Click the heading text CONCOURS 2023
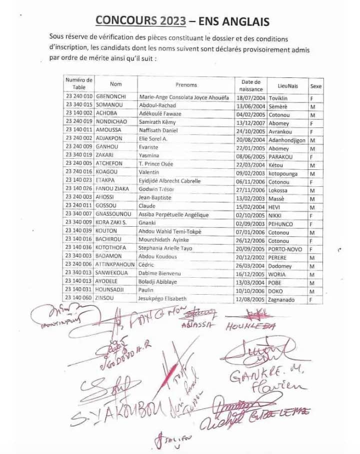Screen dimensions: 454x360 (x=140, y=20)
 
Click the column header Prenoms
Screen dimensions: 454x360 (x=186, y=85)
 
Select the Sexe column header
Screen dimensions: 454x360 (x=316, y=86)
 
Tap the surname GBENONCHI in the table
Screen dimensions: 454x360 (x=111, y=98)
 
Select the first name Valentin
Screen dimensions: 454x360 (x=150, y=173)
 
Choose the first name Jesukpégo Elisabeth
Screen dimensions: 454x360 (x=162, y=299)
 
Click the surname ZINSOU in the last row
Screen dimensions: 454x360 (x=106, y=299)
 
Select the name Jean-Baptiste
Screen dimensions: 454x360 (x=155, y=198)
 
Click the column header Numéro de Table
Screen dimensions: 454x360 (x=79, y=83)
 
